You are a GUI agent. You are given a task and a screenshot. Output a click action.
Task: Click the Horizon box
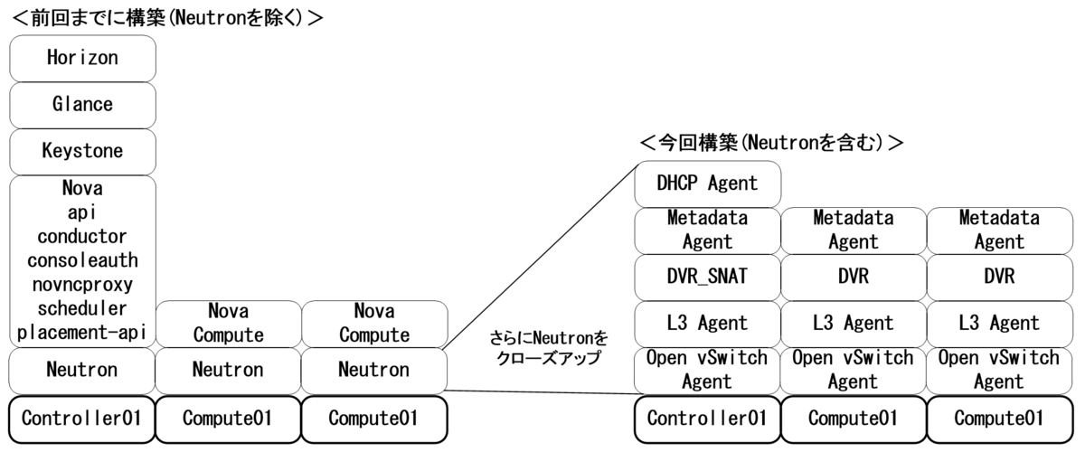pos(82,58)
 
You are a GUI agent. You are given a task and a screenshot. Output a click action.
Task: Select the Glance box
pos(82,104)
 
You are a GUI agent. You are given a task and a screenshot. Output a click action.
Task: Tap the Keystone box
pos(82,151)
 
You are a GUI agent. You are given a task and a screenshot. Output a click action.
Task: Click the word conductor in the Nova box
pos(82,236)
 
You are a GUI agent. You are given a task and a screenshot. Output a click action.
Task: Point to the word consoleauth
pos(82,259)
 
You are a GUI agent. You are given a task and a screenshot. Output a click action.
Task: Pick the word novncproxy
pos(82,283)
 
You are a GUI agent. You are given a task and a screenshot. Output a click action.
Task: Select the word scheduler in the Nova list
pos(82,306)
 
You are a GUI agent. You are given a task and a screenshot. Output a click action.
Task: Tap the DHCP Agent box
pos(707,184)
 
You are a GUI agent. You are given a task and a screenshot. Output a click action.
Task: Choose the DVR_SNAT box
pos(707,276)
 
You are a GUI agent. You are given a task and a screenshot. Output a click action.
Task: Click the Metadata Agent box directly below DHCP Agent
pos(707,230)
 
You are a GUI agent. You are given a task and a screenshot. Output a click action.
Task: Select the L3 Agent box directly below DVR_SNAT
pos(707,323)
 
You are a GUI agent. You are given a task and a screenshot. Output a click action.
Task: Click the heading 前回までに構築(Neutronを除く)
pos(163,16)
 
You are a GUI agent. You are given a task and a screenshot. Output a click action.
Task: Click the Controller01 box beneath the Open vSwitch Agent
pos(707,419)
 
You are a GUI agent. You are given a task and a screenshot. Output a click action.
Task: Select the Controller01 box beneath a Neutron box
pos(82,419)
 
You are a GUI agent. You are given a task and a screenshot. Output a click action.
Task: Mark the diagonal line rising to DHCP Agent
pos(542,256)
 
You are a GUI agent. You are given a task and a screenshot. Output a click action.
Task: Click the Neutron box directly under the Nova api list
pos(82,370)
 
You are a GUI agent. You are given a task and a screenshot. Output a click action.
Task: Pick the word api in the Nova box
pos(82,212)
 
